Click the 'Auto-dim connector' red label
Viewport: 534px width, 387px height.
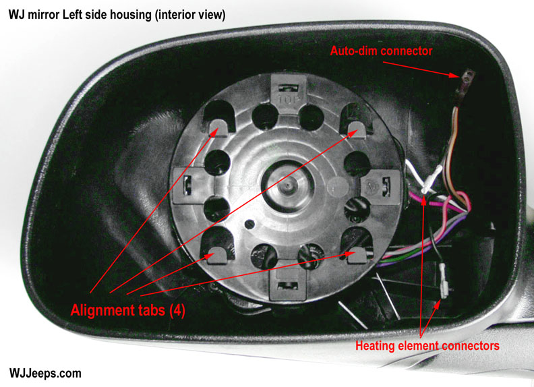click(381, 51)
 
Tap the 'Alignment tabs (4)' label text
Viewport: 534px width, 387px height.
click(127, 311)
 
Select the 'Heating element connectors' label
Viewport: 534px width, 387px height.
click(427, 346)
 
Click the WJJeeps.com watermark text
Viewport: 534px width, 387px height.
click(46, 372)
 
